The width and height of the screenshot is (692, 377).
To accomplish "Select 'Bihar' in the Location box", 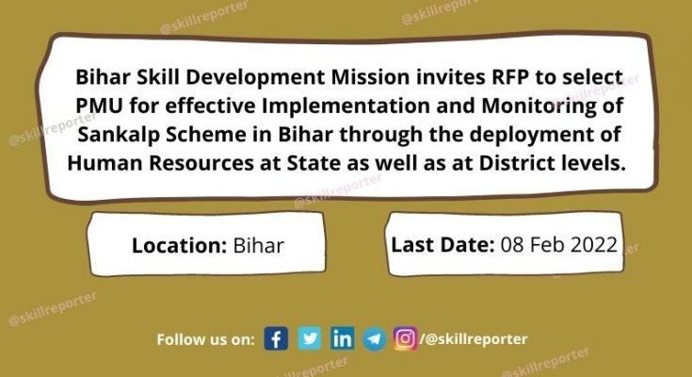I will [257, 246].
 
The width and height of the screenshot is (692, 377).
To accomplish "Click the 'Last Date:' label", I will [443, 244].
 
